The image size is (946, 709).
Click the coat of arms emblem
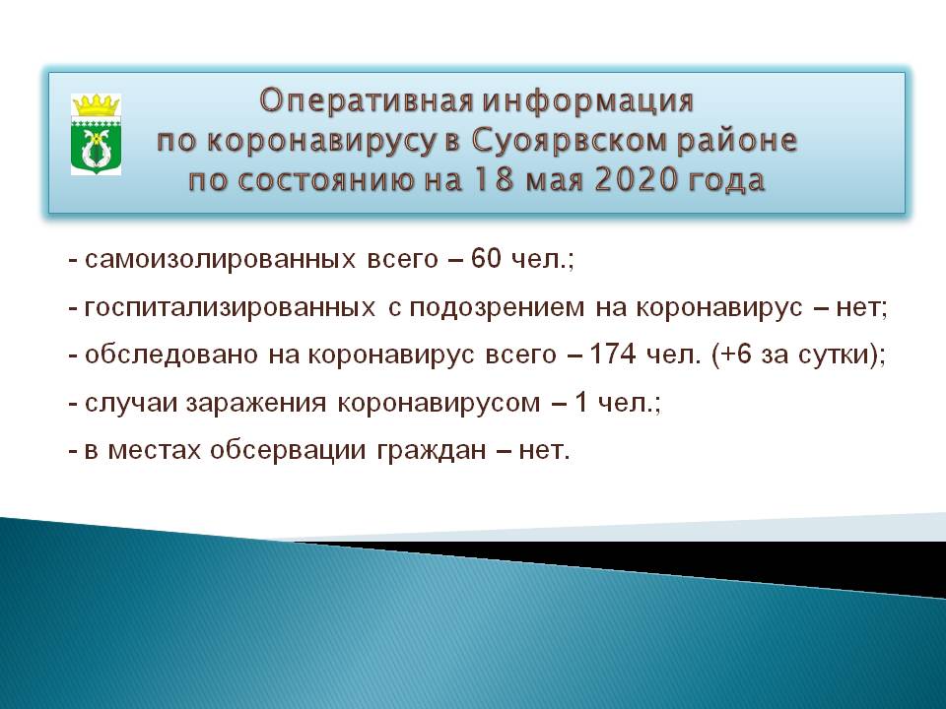[x=96, y=135]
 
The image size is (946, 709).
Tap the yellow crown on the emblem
[x=96, y=105]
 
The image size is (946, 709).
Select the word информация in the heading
[x=588, y=100]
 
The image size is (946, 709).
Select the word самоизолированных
[x=220, y=260]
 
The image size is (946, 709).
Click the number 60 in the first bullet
[x=486, y=258]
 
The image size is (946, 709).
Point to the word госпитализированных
[x=230, y=308]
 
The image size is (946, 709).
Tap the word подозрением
[x=497, y=309]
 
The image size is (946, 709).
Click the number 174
[x=612, y=354]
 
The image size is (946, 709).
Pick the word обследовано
[x=171, y=355]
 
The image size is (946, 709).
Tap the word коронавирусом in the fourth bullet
[x=439, y=404]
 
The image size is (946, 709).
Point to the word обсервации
[x=288, y=452]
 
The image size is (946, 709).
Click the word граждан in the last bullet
[x=432, y=452]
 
